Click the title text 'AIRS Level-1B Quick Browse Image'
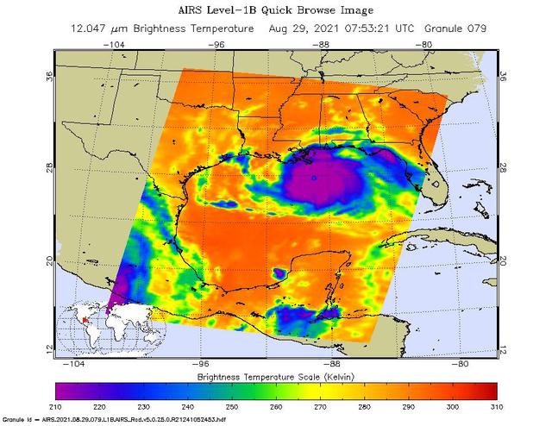tap(276, 10)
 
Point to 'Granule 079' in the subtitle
tap(456, 28)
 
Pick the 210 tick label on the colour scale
tap(56, 406)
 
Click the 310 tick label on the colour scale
tap(496, 406)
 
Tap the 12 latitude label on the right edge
tap(504, 348)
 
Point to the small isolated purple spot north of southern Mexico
tap(278, 273)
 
